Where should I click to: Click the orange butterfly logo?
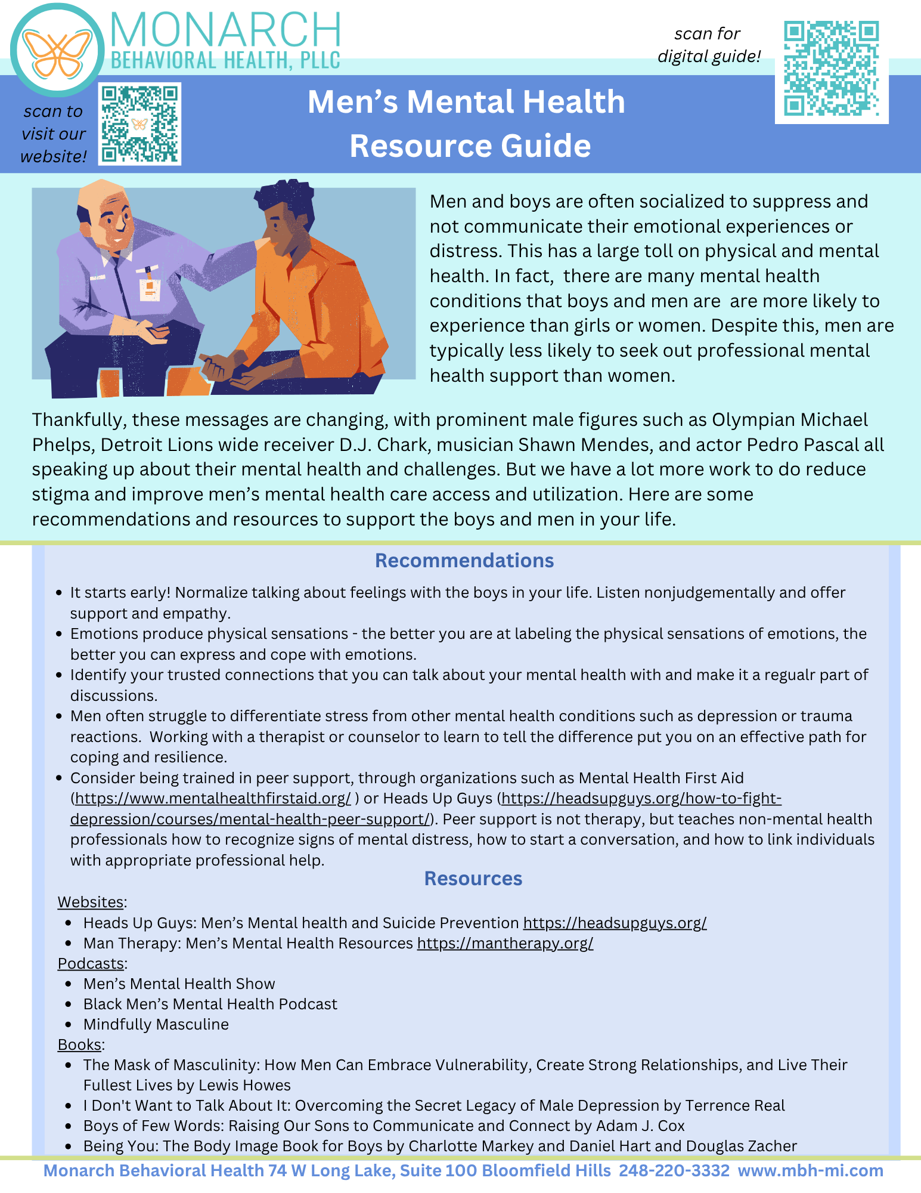(57, 52)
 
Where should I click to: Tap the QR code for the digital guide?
(831, 69)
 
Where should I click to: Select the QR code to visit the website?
(140, 123)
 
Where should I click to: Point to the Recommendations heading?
(464, 561)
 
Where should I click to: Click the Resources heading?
(473, 879)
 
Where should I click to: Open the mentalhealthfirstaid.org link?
(213, 798)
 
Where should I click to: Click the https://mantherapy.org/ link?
(505, 943)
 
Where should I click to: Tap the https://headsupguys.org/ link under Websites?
(615, 923)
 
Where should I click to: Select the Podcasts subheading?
(91, 963)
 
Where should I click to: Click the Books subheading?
(80, 1044)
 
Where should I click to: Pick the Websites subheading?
(91, 902)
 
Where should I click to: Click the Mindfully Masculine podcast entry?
(156, 1024)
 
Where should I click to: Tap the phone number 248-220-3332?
(674, 1170)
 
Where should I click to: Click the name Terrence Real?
(735, 1105)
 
